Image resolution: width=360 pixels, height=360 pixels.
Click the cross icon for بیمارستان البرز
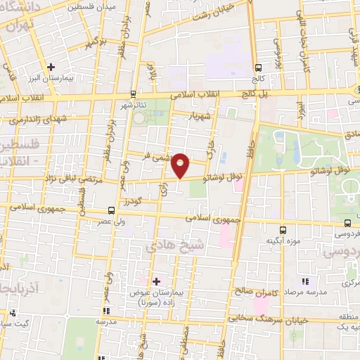point(51,67)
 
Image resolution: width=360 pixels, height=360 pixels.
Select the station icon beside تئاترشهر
point(133,94)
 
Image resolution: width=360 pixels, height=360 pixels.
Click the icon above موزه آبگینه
point(283,229)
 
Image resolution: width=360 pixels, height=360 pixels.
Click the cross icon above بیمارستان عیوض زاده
point(156,281)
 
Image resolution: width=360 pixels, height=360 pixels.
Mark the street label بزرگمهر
point(94,44)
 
